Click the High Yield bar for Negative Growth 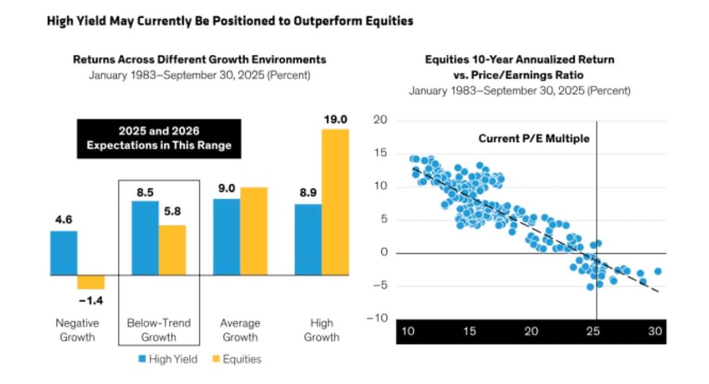[64, 253]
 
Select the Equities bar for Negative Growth [91, 282]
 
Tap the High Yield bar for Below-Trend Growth [145, 238]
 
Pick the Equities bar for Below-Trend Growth [172, 250]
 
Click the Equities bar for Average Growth [254, 231]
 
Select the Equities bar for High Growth [335, 202]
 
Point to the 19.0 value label [335, 120]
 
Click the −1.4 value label [91, 300]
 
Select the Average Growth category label [240, 330]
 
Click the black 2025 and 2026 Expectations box [159, 139]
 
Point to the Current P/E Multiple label [534, 139]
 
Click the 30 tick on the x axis [654, 331]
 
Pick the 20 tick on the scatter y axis [379, 121]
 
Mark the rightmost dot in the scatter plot [658, 271]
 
